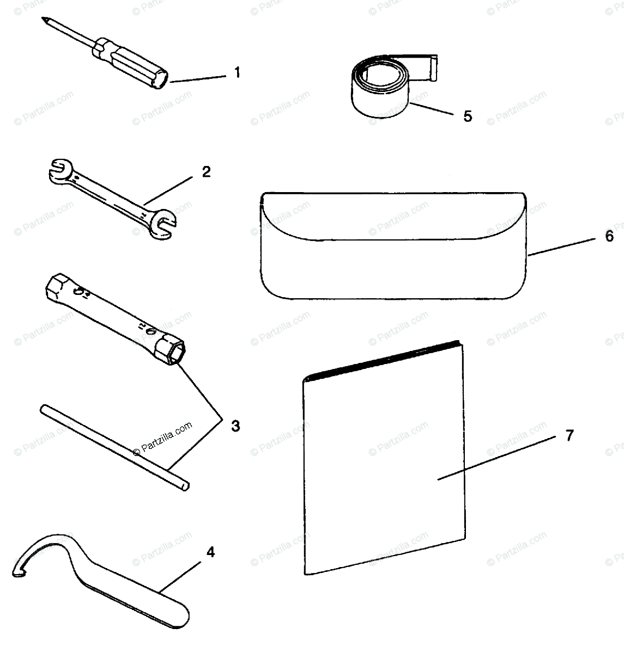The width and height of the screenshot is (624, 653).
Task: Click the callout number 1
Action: (237, 72)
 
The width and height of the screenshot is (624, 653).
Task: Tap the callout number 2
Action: (206, 172)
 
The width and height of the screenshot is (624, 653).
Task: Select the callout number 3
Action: (235, 426)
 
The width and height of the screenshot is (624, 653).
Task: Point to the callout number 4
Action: (210, 552)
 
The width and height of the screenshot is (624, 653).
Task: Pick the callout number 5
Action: (468, 116)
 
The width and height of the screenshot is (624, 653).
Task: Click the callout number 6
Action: (609, 236)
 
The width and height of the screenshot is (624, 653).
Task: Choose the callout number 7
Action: (570, 435)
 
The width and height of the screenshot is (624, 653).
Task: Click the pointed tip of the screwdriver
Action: (43, 19)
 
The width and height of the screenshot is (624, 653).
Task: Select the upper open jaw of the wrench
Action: (60, 170)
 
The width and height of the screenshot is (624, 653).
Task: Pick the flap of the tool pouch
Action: (393, 217)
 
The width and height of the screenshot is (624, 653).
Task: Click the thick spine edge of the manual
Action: (383, 360)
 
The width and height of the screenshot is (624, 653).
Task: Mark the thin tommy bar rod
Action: (114, 447)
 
